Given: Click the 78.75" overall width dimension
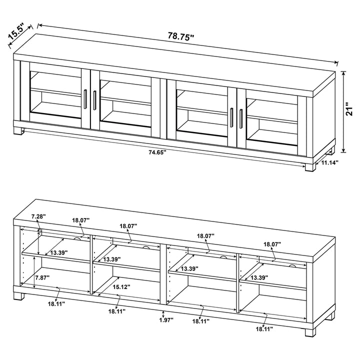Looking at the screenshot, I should coord(180,36).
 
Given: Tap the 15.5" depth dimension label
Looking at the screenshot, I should coord(16,32).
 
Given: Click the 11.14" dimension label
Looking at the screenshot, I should coord(330,162).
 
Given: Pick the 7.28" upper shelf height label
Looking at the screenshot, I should coord(38,216).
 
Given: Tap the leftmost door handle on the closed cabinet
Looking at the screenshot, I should coord(85,98).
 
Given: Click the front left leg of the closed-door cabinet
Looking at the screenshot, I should coord(20,132).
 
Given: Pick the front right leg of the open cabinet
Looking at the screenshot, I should coord(310,331).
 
